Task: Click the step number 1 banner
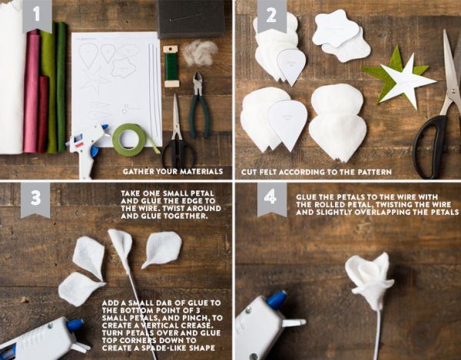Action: [37, 15]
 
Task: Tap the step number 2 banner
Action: [272, 15]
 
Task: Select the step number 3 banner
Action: [35, 200]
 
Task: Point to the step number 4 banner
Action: [272, 199]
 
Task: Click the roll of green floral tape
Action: [129, 140]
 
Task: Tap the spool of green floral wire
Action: [171, 66]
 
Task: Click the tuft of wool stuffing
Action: [200, 52]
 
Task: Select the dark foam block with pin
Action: [190, 18]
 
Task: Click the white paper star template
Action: [406, 80]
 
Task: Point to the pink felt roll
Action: [32, 91]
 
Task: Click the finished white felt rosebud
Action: [370, 280]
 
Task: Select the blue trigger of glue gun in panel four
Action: [277, 300]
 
